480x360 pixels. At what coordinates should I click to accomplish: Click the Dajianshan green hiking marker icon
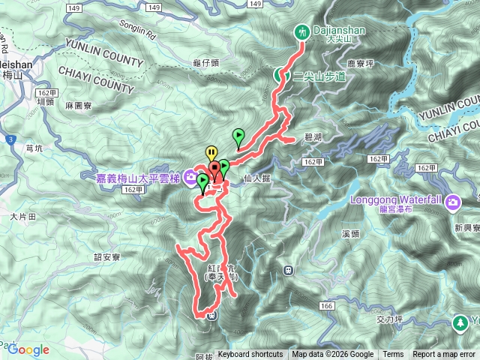[302, 32]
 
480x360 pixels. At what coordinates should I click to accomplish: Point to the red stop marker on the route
[214, 168]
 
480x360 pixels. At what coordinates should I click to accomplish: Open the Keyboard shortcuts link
[250, 355]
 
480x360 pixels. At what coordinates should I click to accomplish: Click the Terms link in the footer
[393, 355]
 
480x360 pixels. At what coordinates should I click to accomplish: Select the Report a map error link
[443, 355]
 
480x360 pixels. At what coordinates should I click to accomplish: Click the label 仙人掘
[257, 178]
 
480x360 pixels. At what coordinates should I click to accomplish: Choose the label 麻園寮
[79, 106]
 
